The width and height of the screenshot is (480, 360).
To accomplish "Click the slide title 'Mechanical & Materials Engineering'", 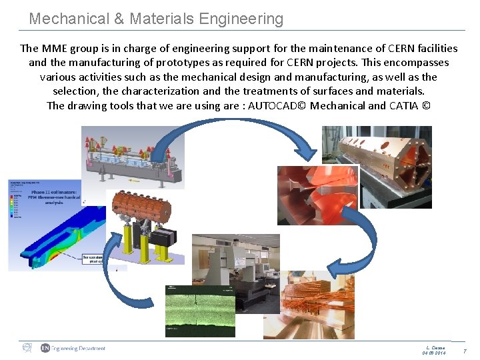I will [156, 19].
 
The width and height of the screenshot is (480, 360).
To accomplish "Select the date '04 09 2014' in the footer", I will [434, 353].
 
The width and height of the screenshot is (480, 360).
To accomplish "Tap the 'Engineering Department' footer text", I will [79, 348].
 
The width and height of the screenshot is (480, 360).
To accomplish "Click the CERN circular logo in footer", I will [27, 347].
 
